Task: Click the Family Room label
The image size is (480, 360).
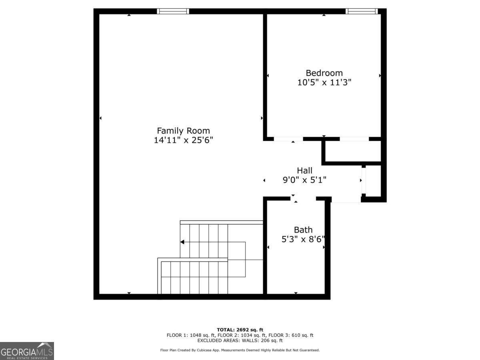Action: [x=183, y=131]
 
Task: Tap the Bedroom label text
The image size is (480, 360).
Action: [x=324, y=73]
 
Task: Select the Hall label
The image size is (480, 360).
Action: [x=304, y=171]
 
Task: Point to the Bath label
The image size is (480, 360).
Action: [x=303, y=230]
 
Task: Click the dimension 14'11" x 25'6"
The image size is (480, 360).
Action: [x=183, y=140]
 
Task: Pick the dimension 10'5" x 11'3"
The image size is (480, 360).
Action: [x=324, y=82]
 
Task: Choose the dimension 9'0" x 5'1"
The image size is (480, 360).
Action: [x=304, y=180]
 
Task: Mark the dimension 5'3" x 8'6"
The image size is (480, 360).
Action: [x=303, y=239]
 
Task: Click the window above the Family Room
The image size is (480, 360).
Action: [x=173, y=11]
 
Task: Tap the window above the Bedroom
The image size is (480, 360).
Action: [x=362, y=11]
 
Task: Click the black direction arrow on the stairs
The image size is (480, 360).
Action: [x=182, y=242]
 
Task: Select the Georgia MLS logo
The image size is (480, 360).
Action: [x=27, y=351]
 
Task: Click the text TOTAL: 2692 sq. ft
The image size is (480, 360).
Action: [x=240, y=330]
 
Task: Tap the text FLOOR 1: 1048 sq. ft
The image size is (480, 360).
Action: [x=191, y=335]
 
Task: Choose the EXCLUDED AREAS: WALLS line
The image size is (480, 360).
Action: [x=240, y=341]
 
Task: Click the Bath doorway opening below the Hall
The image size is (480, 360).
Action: [x=303, y=198]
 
